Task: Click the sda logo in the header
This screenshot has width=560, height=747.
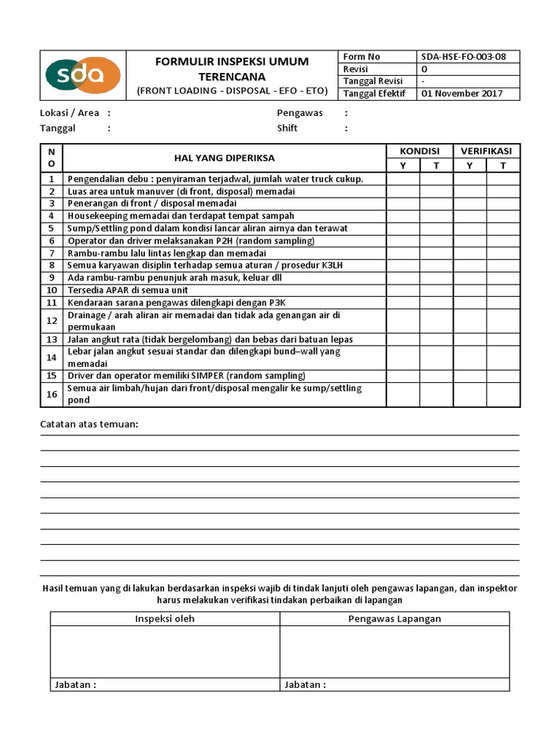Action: (x=82, y=75)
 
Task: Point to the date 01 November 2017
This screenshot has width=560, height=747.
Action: (x=462, y=93)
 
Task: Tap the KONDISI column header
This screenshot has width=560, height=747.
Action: (x=419, y=151)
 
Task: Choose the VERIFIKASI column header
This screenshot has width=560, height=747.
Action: (x=486, y=151)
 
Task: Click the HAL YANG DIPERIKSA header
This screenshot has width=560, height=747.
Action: (x=225, y=158)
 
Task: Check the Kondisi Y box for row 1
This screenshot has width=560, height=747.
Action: (x=403, y=179)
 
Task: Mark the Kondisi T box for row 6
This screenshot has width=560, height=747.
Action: (x=436, y=241)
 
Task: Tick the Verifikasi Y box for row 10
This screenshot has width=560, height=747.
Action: (x=470, y=290)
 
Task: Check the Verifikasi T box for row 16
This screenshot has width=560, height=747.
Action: (x=503, y=395)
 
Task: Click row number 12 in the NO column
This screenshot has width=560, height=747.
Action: (x=52, y=321)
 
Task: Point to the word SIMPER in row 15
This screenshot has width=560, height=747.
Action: (x=208, y=376)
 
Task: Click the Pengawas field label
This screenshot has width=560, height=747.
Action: (x=300, y=113)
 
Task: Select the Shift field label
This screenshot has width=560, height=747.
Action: (x=287, y=128)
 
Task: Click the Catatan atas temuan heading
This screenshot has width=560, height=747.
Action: (x=89, y=425)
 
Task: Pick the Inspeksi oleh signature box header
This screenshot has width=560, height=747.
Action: (x=165, y=619)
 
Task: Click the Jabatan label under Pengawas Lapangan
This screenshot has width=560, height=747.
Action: (x=303, y=685)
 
